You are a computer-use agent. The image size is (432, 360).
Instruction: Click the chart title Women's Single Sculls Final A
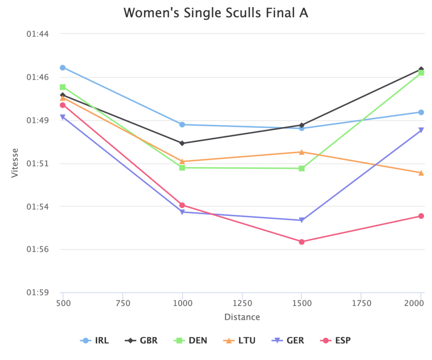216,13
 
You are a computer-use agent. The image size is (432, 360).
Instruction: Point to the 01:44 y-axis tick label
38,34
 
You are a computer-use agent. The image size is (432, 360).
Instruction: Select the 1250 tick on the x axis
242,303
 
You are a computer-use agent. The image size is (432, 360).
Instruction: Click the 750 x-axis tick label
122,303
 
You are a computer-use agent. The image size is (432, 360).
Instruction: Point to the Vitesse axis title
15,162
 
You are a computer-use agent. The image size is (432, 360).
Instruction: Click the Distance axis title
242,317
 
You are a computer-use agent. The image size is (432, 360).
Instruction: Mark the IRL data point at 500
63,68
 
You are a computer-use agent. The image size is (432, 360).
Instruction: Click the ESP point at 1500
302,242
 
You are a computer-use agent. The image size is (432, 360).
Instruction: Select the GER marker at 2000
421,130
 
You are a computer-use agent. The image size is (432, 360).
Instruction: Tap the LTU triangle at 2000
421,173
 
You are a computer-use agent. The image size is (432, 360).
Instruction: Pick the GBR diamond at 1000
182,143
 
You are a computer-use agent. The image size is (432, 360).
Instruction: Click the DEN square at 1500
302,168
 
